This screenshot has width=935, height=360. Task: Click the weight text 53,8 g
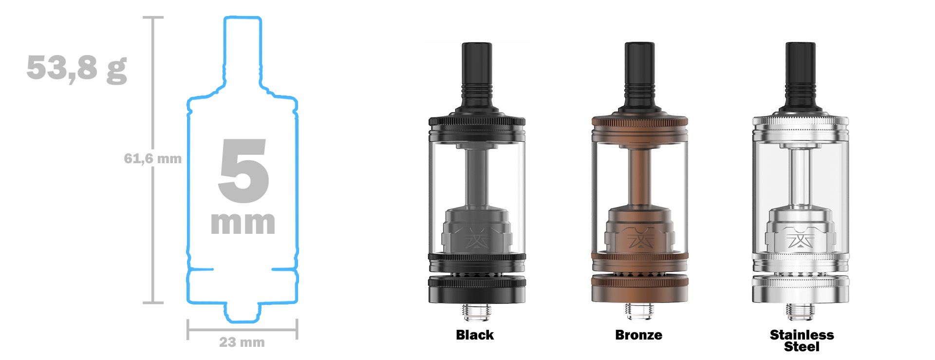76,68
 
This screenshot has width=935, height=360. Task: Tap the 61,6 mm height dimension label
152,158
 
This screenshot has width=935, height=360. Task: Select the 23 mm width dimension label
242,342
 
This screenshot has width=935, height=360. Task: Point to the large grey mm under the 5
243,223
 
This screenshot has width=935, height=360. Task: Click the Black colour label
474,335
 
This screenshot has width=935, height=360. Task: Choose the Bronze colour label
638,335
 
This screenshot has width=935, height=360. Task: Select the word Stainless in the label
802,335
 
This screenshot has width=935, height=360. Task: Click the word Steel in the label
802,347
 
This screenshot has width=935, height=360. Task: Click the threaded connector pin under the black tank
477,312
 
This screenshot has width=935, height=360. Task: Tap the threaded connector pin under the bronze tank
639,312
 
